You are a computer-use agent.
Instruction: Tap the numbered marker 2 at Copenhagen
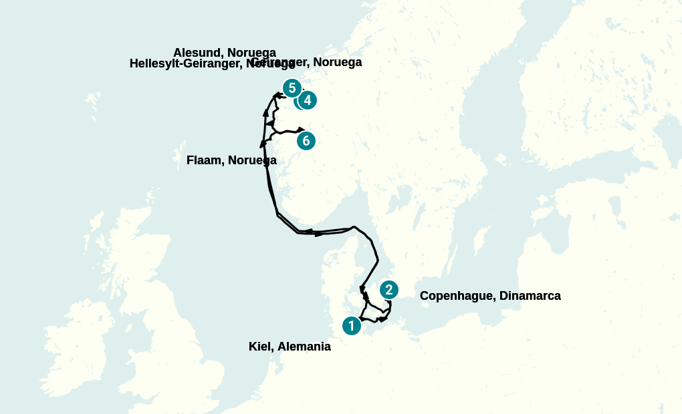point(388,290)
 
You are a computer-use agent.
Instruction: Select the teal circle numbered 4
point(307,100)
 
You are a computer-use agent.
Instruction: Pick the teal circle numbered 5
point(292,88)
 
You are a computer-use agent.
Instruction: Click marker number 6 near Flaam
point(306,140)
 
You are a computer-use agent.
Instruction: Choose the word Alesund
point(195,53)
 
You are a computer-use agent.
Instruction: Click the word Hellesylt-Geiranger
point(187,63)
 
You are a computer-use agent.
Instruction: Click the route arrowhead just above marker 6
point(302,129)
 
